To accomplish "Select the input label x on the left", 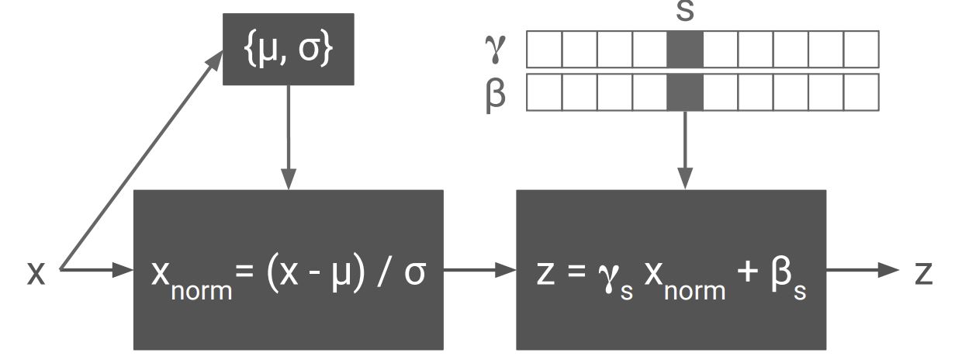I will click(x=36, y=274).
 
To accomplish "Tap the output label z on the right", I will click(x=922, y=272).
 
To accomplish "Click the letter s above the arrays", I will click(x=685, y=12).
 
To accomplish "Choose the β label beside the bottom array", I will click(x=495, y=94).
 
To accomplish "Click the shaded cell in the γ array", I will click(x=685, y=49).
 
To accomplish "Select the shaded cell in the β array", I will click(x=685, y=92).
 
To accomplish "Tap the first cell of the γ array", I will click(x=544, y=49).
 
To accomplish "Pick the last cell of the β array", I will click(x=861, y=92).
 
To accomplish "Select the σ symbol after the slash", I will click(x=416, y=274).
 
